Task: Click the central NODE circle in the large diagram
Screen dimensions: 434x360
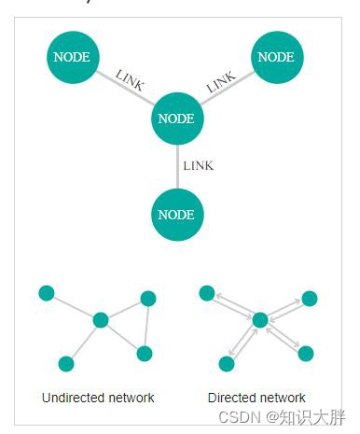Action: coord(176,119)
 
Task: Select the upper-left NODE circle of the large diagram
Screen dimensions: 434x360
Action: coord(72,57)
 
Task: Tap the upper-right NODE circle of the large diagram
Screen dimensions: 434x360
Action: coord(275,57)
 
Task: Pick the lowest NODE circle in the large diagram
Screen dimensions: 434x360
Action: coord(176,215)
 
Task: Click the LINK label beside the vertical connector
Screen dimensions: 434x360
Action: coord(199,166)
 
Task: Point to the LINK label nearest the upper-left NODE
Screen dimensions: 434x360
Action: coord(130,81)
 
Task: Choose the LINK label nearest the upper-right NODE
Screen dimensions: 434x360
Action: coord(221,82)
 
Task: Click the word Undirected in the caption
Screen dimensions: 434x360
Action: coord(73,398)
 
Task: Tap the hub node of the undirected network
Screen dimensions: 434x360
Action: coord(101,320)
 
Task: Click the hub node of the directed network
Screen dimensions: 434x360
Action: coord(260,320)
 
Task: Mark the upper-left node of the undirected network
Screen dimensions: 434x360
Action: coord(47,293)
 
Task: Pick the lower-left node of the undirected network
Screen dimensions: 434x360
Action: coord(65,364)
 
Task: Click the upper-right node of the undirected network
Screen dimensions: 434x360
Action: coord(147,298)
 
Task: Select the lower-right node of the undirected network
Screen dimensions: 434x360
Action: coord(144,353)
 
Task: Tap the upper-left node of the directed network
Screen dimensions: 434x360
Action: coord(207,293)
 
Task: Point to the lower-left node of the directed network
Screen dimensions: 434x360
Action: coord(226,363)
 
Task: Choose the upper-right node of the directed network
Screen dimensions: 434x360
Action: coord(310,298)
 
